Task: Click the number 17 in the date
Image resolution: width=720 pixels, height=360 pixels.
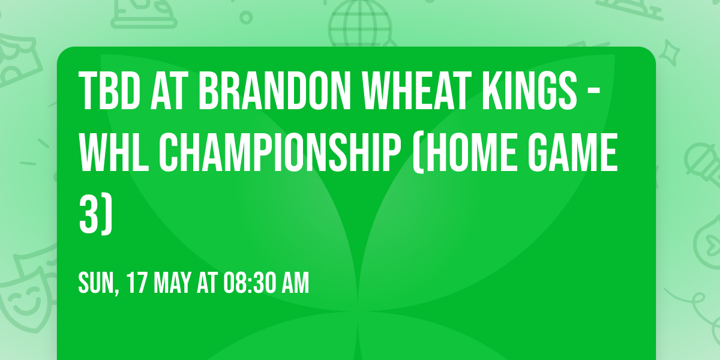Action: coord(137,283)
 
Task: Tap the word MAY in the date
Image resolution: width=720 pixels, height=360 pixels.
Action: coord(174,283)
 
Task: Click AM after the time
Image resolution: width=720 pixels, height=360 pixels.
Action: coord(295,283)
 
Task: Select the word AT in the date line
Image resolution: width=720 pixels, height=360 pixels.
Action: coord(207,283)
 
